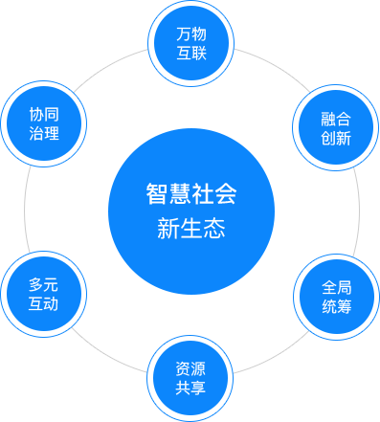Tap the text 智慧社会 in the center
190,194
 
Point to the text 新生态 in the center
190,229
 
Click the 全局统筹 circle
336,295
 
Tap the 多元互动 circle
44,294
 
